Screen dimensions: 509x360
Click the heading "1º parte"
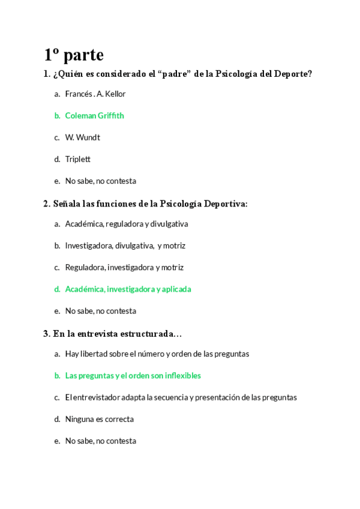coord(74,55)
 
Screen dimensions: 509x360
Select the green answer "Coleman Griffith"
coord(94,116)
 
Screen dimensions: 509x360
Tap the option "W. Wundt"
coord(82,137)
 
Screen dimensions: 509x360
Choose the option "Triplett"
coord(77,159)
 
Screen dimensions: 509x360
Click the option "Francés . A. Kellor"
coord(95,94)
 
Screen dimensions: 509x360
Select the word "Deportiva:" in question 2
coord(226,204)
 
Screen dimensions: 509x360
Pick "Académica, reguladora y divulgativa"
coord(126,224)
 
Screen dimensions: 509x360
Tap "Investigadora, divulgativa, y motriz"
coord(125,245)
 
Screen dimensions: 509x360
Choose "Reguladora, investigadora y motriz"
coord(124,268)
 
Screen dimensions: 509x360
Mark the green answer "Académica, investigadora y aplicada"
coord(128,289)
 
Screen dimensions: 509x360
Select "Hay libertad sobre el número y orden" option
coord(157,354)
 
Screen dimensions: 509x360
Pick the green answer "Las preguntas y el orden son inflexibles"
coord(133,376)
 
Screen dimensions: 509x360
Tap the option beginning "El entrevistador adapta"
coord(181,397)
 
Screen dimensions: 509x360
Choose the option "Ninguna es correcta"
coord(99,419)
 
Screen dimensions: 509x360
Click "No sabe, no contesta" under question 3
coord(100,441)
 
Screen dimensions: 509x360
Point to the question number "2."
coord(47,204)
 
